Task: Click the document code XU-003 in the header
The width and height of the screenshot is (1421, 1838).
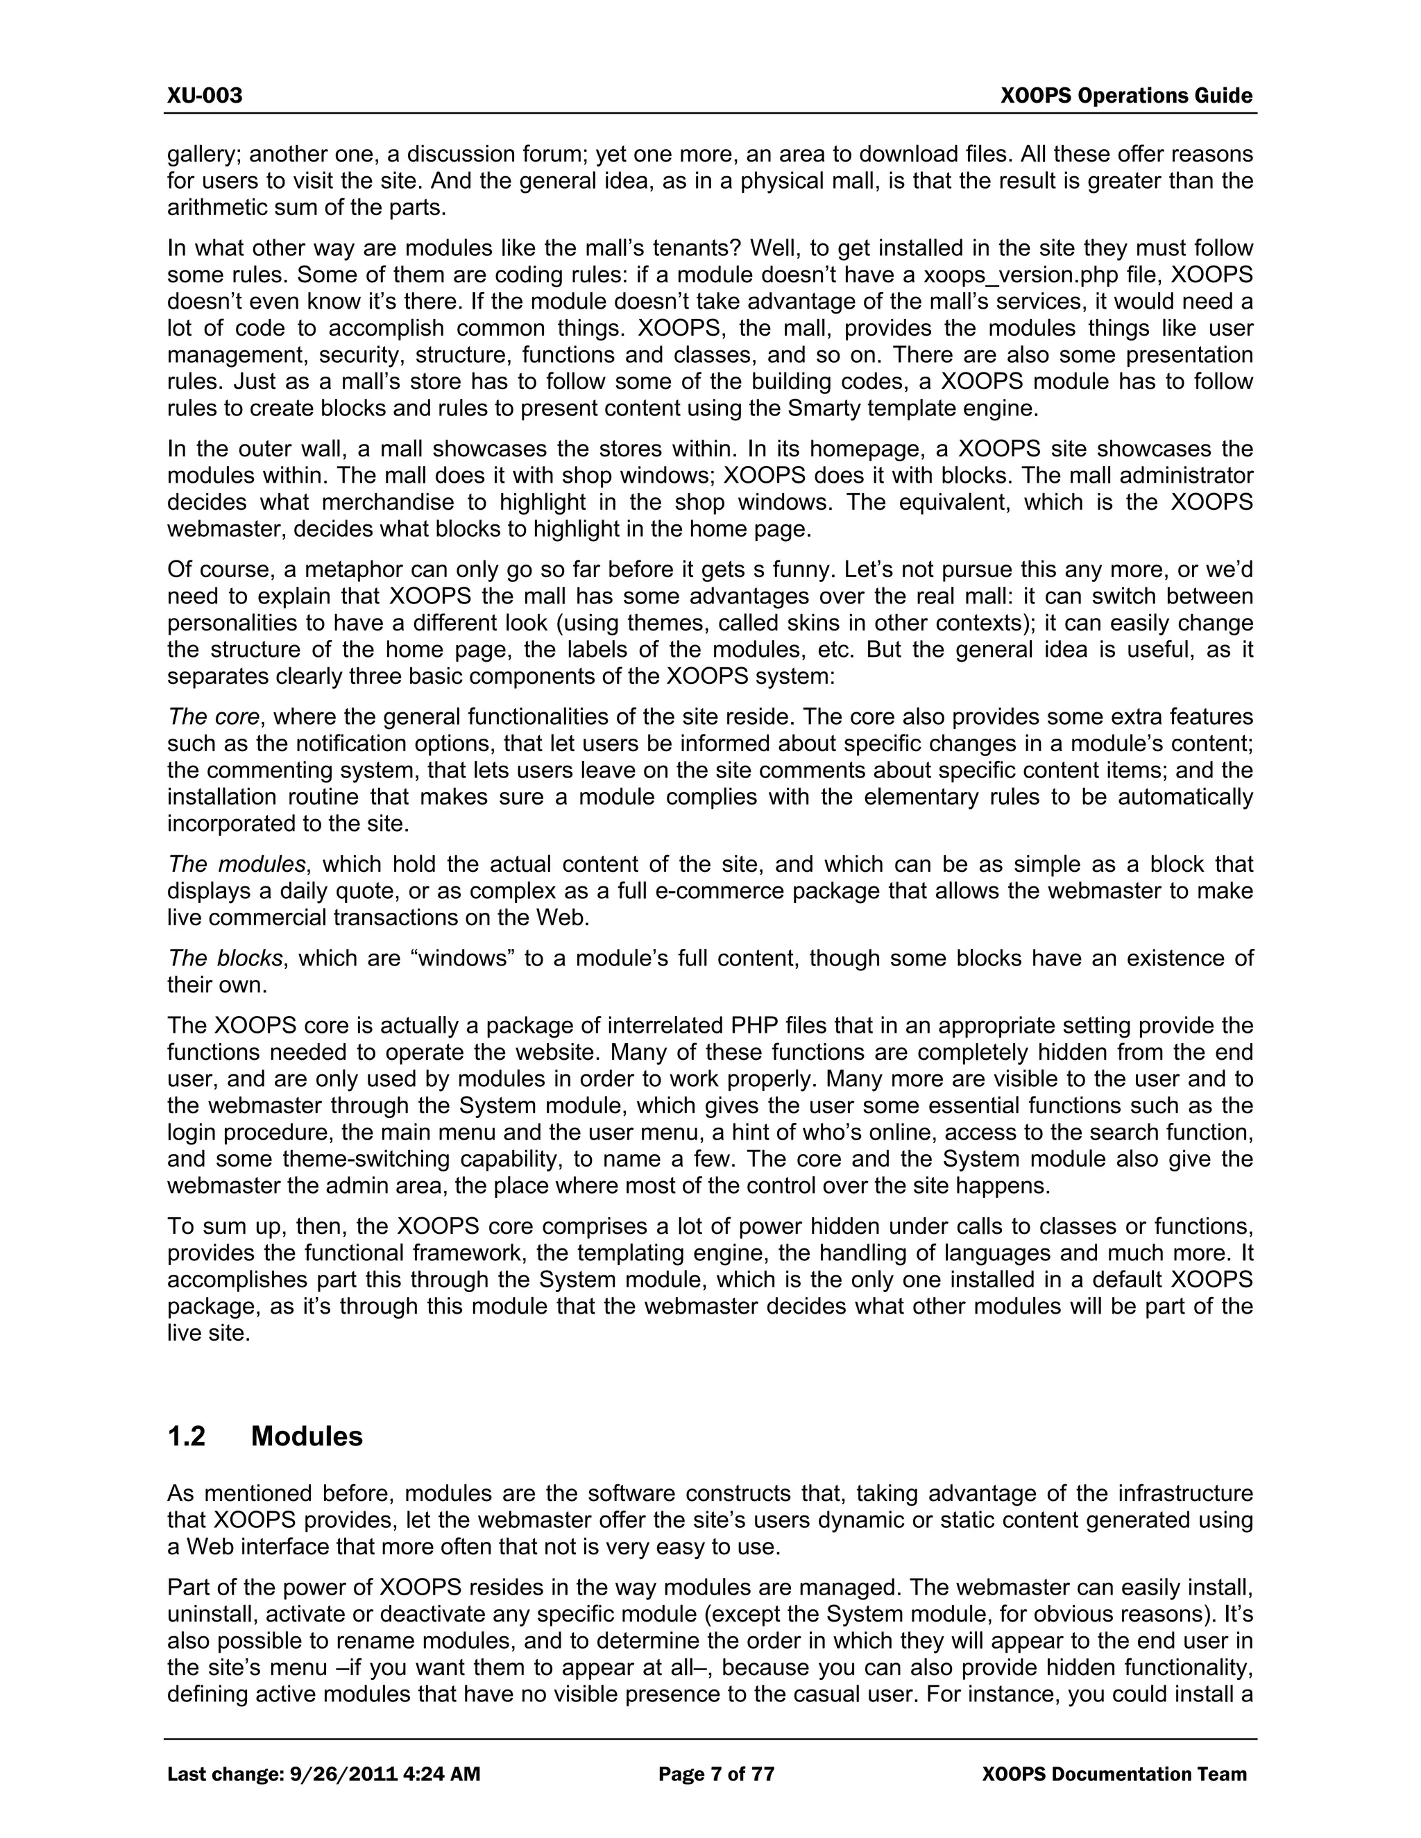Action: click(205, 96)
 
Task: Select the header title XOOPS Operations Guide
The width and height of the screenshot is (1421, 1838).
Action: click(1126, 96)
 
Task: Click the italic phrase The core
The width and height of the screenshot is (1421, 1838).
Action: click(214, 717)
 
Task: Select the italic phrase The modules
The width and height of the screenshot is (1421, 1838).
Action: click(237, 864)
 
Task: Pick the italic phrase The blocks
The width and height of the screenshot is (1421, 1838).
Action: click(225, 959)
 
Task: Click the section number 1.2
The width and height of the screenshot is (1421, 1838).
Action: click(186, 1436)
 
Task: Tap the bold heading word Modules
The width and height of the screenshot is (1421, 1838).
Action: click(307, 1436)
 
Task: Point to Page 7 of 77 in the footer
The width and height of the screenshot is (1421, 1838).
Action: click(715, 1775)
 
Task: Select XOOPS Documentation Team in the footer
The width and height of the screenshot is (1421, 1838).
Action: click(1114, 1775)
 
